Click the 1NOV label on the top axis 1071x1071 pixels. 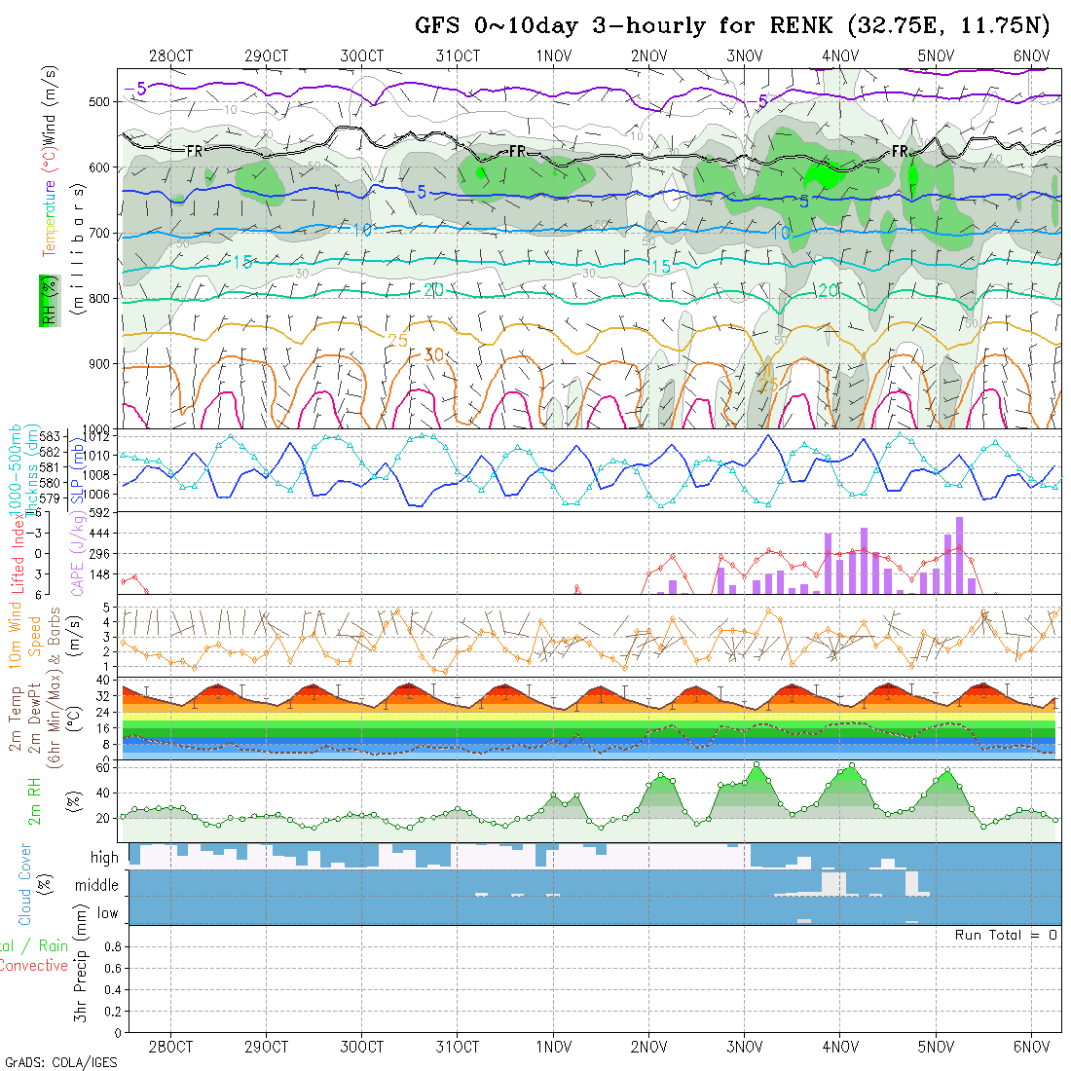(x=553, y=55)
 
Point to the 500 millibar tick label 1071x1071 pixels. (x=105, y=102)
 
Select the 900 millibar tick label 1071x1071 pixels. (x=105, y=364)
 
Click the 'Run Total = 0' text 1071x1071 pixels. (x=1006, y=935)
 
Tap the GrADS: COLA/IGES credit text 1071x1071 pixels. (x=60, y=1062)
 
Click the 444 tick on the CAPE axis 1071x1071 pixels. (x=101, y=533)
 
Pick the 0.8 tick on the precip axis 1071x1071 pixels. (x=111, y=946)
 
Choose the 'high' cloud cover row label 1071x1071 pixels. (x=104, y=858)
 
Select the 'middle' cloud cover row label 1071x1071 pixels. (x=97, y=885)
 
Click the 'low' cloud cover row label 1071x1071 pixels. (x=107, y=913)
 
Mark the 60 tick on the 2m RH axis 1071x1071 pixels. (x=101, y=767)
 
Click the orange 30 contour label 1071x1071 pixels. (x=433, y=355)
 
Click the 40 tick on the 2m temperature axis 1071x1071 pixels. (x=101, y=680)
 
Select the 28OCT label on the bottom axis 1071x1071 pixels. (x=170, y=1047)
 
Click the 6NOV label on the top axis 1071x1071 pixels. (x=1031, y=55)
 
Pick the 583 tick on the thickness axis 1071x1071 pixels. (x=51, y=435)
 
